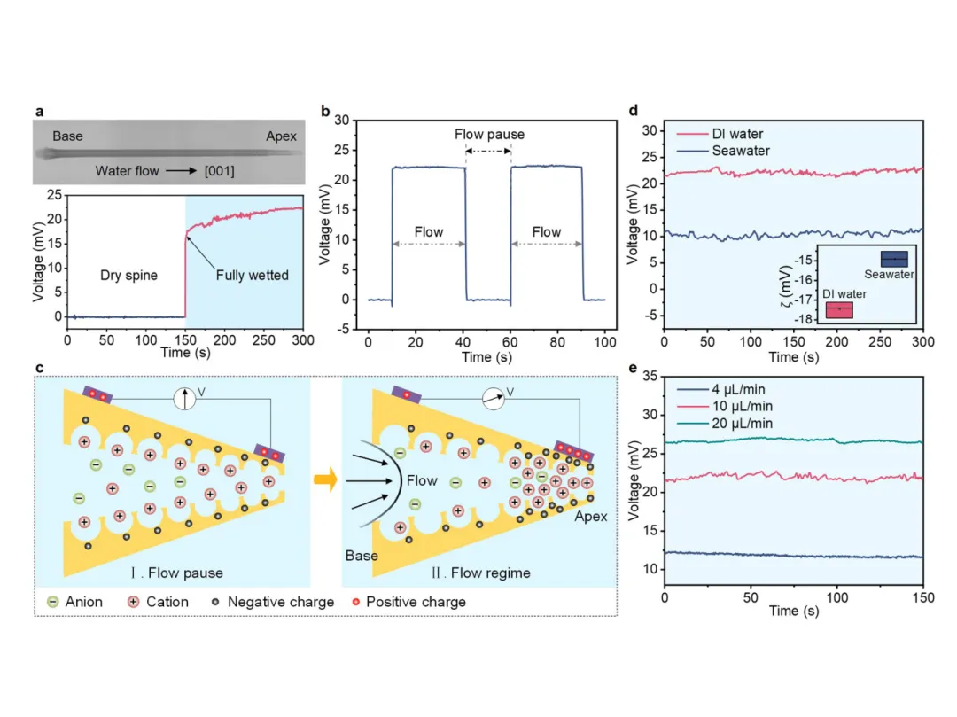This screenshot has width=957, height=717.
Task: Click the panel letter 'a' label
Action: (39, 112)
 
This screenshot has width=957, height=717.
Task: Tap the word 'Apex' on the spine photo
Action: (281, 136)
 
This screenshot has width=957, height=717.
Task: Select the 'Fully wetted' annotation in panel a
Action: (253, 276)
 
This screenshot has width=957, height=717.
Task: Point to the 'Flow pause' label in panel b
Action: (489, 135)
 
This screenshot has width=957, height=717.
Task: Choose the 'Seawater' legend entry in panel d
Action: (741, 151)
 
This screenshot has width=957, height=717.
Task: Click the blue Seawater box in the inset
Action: (893, 258)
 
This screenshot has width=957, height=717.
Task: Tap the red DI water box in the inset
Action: (838, 310)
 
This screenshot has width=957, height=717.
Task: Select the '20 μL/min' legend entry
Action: (742, 424)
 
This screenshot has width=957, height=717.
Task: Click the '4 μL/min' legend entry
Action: (738, 388)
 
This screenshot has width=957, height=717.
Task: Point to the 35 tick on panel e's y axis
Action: (651, 376)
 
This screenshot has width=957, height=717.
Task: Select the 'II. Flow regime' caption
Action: (481, 573)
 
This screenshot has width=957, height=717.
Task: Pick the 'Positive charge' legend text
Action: (416, 602)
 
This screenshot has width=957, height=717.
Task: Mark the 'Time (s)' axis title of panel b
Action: (485, 356)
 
